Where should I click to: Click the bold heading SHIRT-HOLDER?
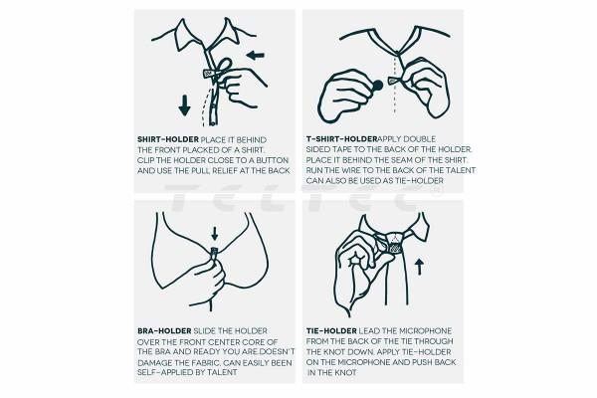pyautogui.click(x=168, y=139)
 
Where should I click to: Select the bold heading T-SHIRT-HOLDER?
pyautogui.click(x=342, y=138)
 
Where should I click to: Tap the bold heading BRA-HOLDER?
pyautogui.click(x=164, y=331)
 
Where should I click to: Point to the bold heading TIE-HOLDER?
pyautogui.click(x=331, y=331)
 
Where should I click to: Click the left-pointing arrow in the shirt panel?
pyautogui.click(x=255, y=56)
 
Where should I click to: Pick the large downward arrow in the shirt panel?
pyautogui.click(x=185, y=105)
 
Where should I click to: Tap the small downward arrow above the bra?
pyautogui.click(x=215, y=234)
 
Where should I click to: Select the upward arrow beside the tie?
pyautogui.click(x=419, y=267)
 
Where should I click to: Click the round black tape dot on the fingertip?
pyautogui.click(x=378, y=86)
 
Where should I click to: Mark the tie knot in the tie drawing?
pyautogui.click(x=395, y=243)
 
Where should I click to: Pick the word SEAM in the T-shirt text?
pyautogui.click(x=405, y=160)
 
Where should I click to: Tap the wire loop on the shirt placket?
pyautogui.click(x=224, y=65)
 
